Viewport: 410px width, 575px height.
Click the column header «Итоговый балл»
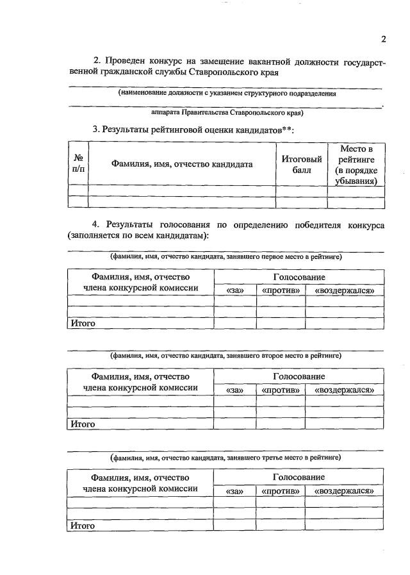click(x=301, y=164)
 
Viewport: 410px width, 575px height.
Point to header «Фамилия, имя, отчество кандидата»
click(x=182, y=164)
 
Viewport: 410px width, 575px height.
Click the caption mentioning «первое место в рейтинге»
click(x=225, y=256)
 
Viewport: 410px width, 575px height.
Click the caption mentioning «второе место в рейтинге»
click(x=225, y=354)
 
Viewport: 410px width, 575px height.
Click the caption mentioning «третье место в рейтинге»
click(x=225, y=458)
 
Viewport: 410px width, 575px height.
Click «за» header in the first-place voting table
click(x=235, y=291)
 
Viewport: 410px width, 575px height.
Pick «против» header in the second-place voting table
click(x=281, y=390)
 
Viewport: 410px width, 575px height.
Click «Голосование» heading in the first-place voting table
click(x=299, y=277)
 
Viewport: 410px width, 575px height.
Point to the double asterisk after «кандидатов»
click(x=288, y=129)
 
